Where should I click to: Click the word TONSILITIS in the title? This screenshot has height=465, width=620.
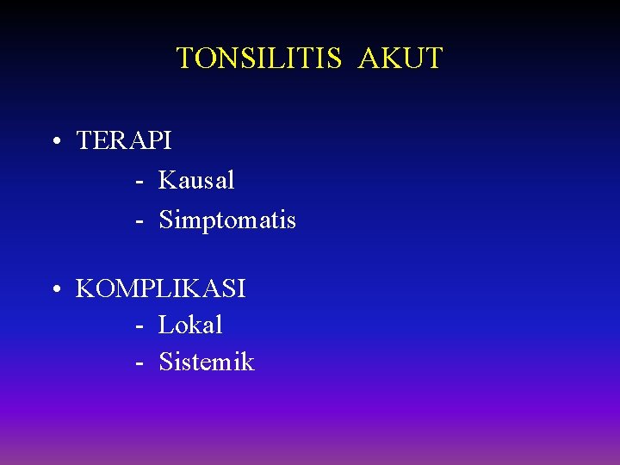[x=259, y=59]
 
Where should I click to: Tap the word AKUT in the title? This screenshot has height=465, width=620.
[x=400, y=59]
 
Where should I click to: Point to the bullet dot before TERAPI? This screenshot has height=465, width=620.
[x=54, y=141]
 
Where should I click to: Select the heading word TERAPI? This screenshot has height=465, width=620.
[x=124, y=140]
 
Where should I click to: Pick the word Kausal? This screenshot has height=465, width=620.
[x=196, y=181]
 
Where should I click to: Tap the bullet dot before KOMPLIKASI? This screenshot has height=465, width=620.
[x=54, y=289]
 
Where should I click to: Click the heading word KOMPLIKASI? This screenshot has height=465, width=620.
[x=161, y=288]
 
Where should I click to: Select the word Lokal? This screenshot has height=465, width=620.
[x=190, y=325]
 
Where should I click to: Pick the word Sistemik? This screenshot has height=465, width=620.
[x=207, y=363]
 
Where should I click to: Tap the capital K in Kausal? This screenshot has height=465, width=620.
[x=167, y=181]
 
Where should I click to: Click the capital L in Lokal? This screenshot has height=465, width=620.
[x=165, y=325]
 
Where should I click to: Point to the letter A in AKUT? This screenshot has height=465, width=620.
[x=369, y=59]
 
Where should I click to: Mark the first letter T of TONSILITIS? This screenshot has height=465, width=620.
[x=184, y=59]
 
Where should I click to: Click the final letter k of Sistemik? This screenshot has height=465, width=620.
[x=248, y=363]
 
